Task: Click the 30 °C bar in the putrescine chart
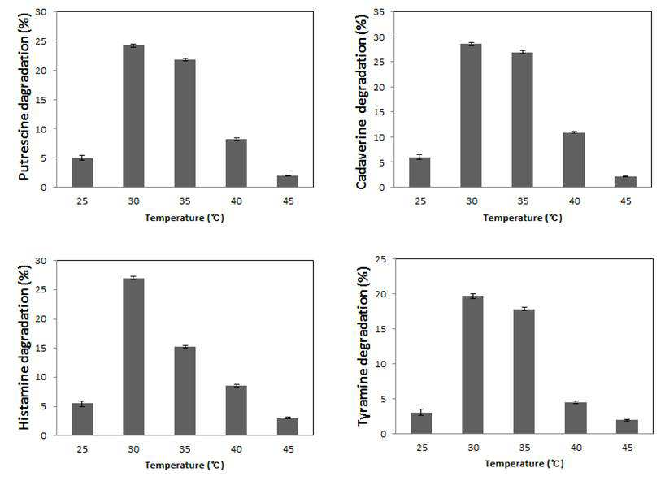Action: click(x=133, y=116)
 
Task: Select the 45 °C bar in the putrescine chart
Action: click(x=288, y=181)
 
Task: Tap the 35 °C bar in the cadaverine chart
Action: click(x=523, y=120)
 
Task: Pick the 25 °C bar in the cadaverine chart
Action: click(x=419, y=172)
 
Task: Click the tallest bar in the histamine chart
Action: click(x=133, y=357)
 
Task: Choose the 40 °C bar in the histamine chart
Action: click(x=237, y=411)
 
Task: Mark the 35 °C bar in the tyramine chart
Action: click(x=524, y=371)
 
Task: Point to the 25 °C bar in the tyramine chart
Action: click(x=421, y=423)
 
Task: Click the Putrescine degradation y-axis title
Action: click(x=24, y=97)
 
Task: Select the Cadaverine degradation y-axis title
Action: click(x=362, y=102)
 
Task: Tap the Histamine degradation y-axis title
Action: click(x=24, y=348)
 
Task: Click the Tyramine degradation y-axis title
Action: click(x=363, y=347)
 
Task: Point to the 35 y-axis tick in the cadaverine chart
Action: click(x=379, y=12)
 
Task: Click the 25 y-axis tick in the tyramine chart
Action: click(x=380, y=258)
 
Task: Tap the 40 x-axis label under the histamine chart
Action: click(x=237, y=449)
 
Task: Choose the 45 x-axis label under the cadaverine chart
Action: click(x=625, y=201)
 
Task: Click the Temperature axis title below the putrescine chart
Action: click(x=184, y=218)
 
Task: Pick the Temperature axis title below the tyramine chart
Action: click(x=524, y=463)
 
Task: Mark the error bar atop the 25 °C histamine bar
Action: click(x=82, y=404)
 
